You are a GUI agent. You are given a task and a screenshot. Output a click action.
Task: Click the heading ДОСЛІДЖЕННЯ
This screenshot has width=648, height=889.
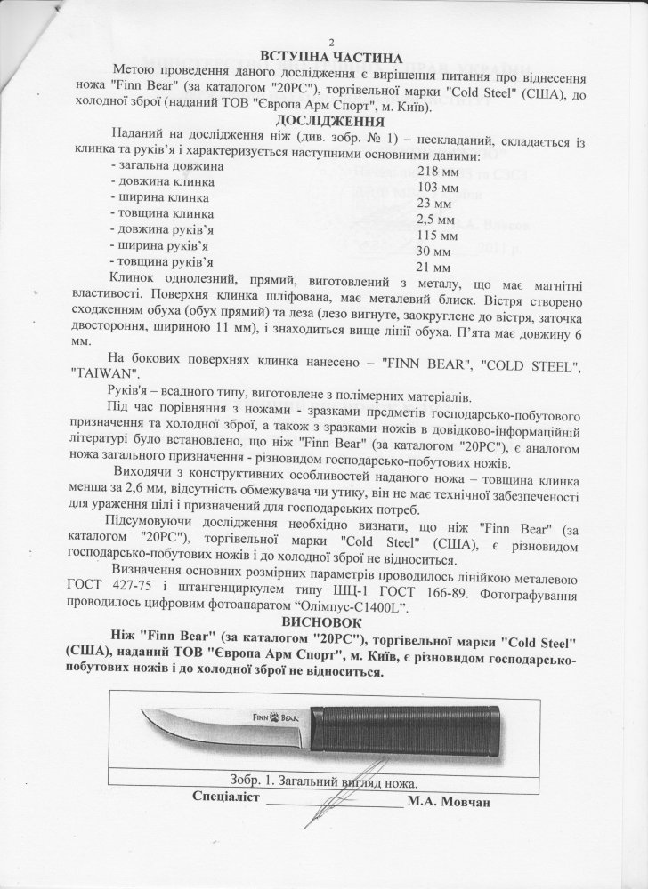(x=329, y=120)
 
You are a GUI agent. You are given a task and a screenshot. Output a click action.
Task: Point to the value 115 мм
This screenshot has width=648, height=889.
(x=437, y=235)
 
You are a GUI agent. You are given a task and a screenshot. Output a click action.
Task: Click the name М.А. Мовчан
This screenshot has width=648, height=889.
(x=449, y=800)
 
